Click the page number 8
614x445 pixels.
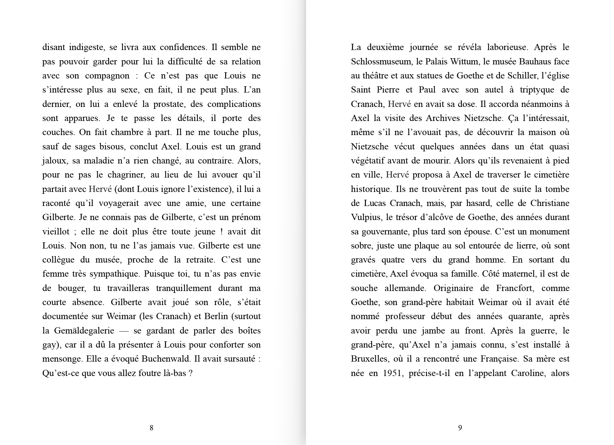click(151, 428)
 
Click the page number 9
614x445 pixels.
click(460, 428)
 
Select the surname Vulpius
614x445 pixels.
click(366, 217)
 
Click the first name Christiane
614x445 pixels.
click(550, 203)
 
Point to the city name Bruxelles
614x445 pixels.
click(369, 359)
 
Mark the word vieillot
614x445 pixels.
click(56, 231)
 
